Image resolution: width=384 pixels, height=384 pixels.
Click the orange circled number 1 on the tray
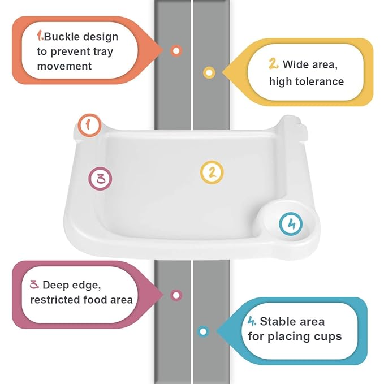[x=89, y=125]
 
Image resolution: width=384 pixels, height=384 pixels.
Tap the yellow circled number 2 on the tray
[x=212, y=172]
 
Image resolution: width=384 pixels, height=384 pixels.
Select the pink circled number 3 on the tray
[x=101, y=179]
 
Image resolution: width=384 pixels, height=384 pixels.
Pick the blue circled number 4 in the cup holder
[x=291, y=224]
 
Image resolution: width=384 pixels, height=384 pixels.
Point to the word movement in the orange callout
[x=64, y=66]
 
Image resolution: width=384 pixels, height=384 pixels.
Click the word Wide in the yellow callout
[x=295, y=64]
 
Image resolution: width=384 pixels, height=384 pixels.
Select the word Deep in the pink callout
[x=57, y=284]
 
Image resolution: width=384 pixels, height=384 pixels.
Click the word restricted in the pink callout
[x=56, y=299]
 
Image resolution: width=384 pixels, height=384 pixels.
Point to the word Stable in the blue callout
[x=277, y=322]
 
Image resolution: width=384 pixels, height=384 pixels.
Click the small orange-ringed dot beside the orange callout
[x=176, y=50]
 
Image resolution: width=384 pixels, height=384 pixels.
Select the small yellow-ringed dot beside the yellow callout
[x=209, y=72]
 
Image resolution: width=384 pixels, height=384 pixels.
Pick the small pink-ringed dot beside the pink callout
[x=176, y=295]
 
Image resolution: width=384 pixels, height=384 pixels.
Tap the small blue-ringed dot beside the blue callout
[x=203, y=331]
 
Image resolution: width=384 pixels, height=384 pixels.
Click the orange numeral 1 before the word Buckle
[x=40, y=36]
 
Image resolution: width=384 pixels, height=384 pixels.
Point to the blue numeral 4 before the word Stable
[x=252, y=321]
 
